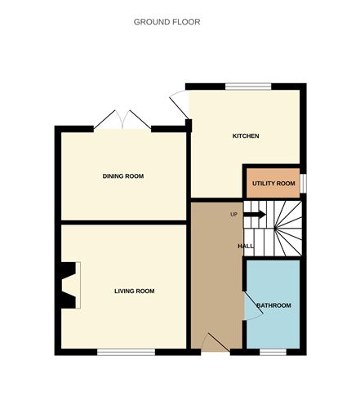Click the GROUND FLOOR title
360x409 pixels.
click(167, 22)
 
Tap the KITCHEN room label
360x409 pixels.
click(246, 136)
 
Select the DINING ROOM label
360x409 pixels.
click(123, 176)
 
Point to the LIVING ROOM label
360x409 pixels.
click(134, 291)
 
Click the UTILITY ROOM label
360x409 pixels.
click(273, 184)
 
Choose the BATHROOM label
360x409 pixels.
click(273, 305)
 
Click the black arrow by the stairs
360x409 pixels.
click(255, 215)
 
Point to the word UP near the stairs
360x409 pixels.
click(234, 215)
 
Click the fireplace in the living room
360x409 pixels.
click(69, 285)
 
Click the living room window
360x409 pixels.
click(126, 352)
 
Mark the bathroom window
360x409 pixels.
click(273, 352)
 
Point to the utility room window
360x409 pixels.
click(302, 184)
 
